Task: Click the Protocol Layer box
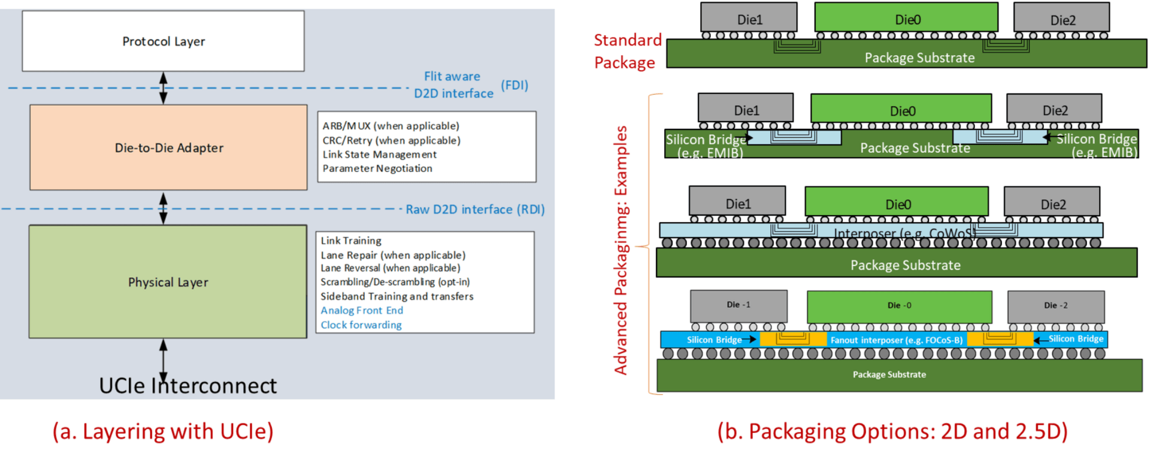coord(163,41)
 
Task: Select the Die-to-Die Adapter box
coord(168,147)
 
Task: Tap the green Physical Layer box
coord(168,282)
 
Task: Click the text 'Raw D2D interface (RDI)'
coord(475,210)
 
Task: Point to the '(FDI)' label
coord(515,85)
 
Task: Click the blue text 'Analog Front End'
coord(362,310)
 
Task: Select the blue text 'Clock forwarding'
coord(361,325)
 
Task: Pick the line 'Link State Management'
coord(380,155)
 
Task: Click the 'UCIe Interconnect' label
coord(188,386)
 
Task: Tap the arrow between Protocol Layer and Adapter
coord(163,88)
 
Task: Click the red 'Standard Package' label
coord(627,51)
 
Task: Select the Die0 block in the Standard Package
coord(906,17)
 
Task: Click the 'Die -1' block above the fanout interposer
coord(739,306)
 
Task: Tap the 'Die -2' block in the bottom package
coord(1056,306)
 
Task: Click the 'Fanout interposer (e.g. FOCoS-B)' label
coord(897,340)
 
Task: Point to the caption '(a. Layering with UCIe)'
coord(163,431)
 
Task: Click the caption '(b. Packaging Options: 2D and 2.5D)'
coord(892,431)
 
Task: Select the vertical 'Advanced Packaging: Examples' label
coord(621,250)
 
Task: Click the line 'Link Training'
coord(351,241)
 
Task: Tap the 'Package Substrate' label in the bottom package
coord(889,374)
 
